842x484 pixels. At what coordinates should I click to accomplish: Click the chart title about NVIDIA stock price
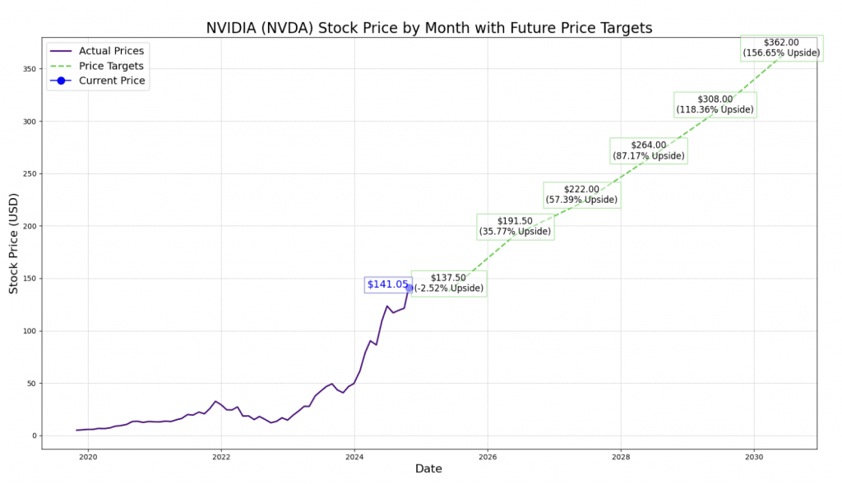[428, 28]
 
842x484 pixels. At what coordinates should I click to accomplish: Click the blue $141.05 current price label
[387, 284]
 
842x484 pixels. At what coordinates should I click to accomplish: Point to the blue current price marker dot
[409, 288]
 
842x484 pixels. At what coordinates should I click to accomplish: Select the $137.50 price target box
[449, 283]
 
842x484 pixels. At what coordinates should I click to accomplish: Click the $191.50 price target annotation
[516, 226]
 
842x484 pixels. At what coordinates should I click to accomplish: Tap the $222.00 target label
[582, 195]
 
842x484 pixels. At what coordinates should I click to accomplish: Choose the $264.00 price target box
[649, 150]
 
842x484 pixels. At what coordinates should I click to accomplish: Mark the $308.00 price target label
[715, 104]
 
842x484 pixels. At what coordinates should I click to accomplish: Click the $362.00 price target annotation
[781, 48]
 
